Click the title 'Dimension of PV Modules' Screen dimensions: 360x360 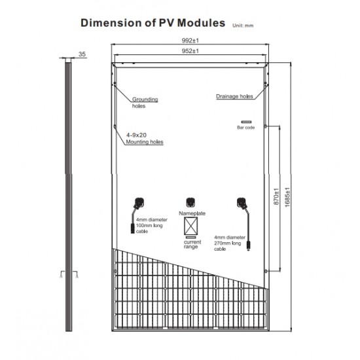click(153, 23)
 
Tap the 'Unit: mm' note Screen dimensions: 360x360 click(243, 26)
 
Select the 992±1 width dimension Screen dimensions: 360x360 click(190, 41)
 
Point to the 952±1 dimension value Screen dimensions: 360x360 click(190, 51)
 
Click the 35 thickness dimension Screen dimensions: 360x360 click(82, 54)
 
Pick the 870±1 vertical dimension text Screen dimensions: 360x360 click(276, 196)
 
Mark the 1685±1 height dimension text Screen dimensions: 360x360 click(287, 198)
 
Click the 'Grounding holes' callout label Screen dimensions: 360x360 click(145, 102)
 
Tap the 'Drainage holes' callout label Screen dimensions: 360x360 click(234, 96)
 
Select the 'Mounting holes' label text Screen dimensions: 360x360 click(145, 142)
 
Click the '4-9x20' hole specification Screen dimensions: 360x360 click(136, 135)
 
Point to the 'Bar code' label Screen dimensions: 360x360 click(246, 128)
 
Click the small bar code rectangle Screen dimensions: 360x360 click(246, 122)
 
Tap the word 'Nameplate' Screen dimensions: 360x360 click(192, 213)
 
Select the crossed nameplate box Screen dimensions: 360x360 click(190, 226)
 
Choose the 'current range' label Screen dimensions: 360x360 click(192, 244)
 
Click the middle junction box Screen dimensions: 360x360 click(190, 203)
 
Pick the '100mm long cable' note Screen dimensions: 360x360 click(152, 225)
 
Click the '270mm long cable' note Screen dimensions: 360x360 click(230, 243)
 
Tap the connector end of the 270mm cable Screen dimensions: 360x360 click(249, 245)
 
